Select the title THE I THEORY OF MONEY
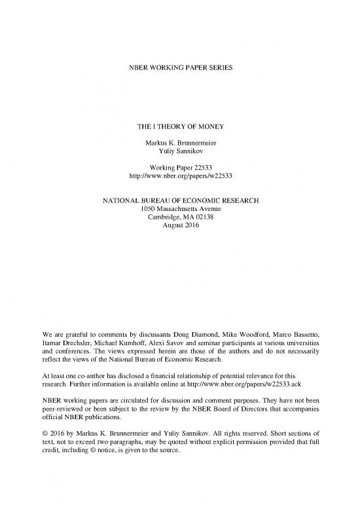tap(179, 130)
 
